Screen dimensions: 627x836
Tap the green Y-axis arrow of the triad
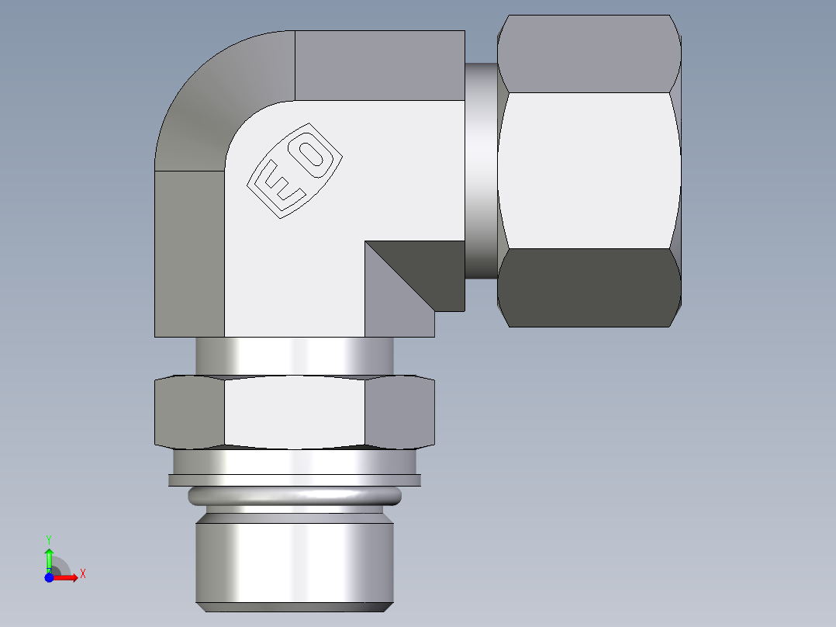coord(49,557)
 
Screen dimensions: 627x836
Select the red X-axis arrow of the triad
coord(67,577)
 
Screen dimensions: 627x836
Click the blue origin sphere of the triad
coord(50,577)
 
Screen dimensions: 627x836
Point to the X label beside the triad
coord(82,574)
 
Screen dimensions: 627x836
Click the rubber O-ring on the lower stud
coord(295,494)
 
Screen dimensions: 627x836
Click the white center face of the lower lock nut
coord(295,413)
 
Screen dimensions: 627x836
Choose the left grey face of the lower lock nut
coord(190,413)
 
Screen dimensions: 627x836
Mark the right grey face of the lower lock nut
coord(399,413)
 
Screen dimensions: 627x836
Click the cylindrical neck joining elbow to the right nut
coord(481,171)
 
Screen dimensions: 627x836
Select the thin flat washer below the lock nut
coord(295,480)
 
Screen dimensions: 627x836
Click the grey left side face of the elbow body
coord(190,252)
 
